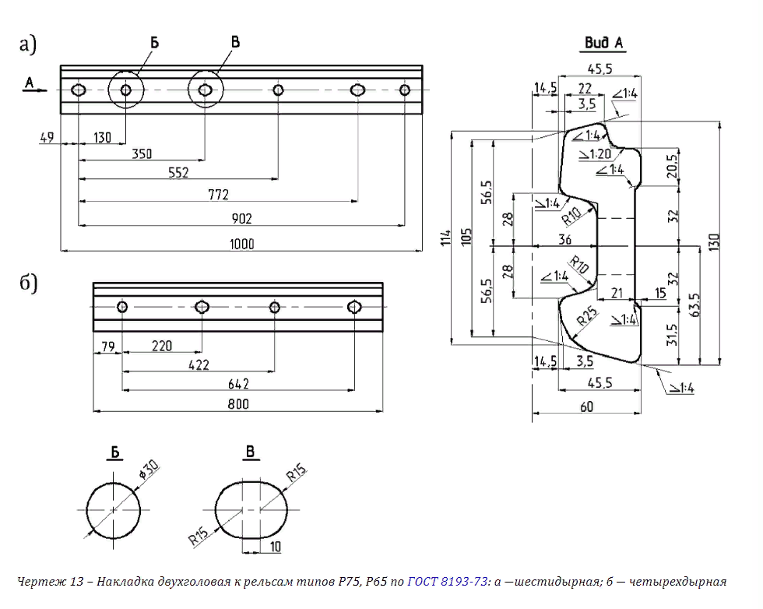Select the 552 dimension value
click(x=178, y=172)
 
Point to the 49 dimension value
click(x=47, y=138)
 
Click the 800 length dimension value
click(x=237, y=403)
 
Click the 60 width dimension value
click(x=585, y=407)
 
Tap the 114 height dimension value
click(x=445, y=238)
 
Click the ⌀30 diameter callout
click(x=148, y=469)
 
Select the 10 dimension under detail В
click(x=275, y=546)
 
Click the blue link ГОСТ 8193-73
click(x=448, y=580)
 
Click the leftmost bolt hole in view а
click(x=79, y=90)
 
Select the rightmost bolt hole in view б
click(x=355, y=306)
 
